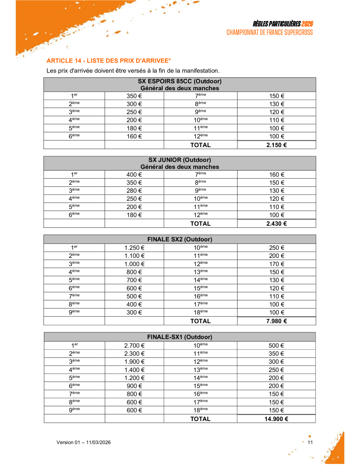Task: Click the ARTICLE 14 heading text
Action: [109, 61]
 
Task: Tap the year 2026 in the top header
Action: [307, 24]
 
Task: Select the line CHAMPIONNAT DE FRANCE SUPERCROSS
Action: [269, 33]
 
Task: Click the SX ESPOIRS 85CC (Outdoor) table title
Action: [179, 81]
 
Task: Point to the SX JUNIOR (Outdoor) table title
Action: [179, 160]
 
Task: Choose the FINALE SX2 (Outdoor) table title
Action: [179, 239]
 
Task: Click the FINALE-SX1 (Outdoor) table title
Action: [179, 337]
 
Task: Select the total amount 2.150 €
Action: [276, 145]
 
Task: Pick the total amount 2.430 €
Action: [276, 224]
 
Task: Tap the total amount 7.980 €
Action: [276, 321]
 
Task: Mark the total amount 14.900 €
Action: [276, 419]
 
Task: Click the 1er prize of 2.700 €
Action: [134, 346]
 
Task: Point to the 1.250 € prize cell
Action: [134, 248]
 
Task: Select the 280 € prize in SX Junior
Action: [134, 191]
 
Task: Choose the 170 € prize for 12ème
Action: [277, 264]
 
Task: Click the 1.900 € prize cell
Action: [134, 362]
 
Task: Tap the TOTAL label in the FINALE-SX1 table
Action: [200, 419]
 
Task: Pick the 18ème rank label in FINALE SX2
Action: [201, 313]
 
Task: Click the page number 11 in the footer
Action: [310, 442]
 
